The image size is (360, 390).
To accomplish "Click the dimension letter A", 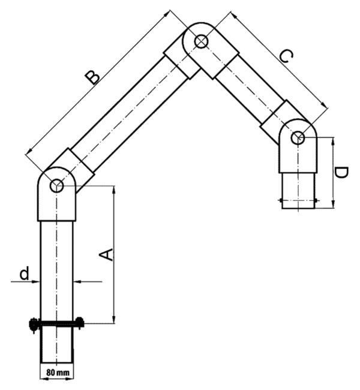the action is (x=106, y=254).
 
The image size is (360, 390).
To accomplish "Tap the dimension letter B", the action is (x=92, y=78).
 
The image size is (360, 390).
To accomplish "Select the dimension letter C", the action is (x=286, y=56).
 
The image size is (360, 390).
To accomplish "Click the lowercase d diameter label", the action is (x=25, y=273).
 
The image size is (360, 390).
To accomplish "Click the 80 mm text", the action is (x=58, y=373).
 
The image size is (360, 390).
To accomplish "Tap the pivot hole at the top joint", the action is (x=201, y=41).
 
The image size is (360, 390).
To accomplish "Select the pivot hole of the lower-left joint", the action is (x=57, y=186).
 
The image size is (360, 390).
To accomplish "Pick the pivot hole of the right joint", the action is (x=298, y=137).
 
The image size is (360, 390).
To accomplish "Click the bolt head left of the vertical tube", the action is (x=34, y=324).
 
